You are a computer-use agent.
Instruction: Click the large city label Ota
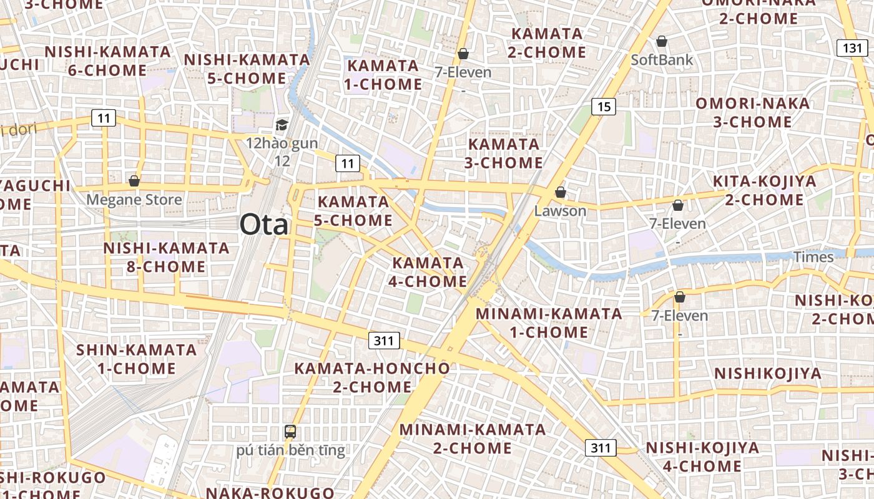click(x=263, y=225)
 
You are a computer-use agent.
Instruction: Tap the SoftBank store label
click(x=662, y=60)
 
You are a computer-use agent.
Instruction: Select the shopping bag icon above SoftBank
click(x=662, y=42)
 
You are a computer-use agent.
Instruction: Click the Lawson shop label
click(x=560, y=211)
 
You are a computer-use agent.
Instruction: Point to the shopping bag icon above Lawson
click(x=561, y=192)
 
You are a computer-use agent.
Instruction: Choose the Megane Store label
click(x=134, y=200)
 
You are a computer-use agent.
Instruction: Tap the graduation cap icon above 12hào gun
click(x=282, y=125)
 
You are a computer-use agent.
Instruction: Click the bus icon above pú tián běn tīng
click(x=290, y=431)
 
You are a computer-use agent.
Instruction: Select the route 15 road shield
click(x=603, y=107)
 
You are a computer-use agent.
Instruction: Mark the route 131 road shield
click(x=852, y=48)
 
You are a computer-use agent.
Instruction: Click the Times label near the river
click(x=813, y=257)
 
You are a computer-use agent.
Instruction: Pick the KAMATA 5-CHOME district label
click(x=354, y=211)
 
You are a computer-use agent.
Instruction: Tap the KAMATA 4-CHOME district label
click(x=428, y=272)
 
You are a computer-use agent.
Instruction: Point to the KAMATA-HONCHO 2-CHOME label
click(x=372, y=377)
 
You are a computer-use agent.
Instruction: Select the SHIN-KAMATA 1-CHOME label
click(x=137, y=359)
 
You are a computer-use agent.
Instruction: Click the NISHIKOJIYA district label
click(x=767, y=374)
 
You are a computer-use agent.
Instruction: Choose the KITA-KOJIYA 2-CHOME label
click(x=764, y=191)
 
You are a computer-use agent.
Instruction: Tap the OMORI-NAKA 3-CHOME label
click(x=752, y=112)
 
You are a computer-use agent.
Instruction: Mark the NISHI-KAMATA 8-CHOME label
click(x=154, y=258)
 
